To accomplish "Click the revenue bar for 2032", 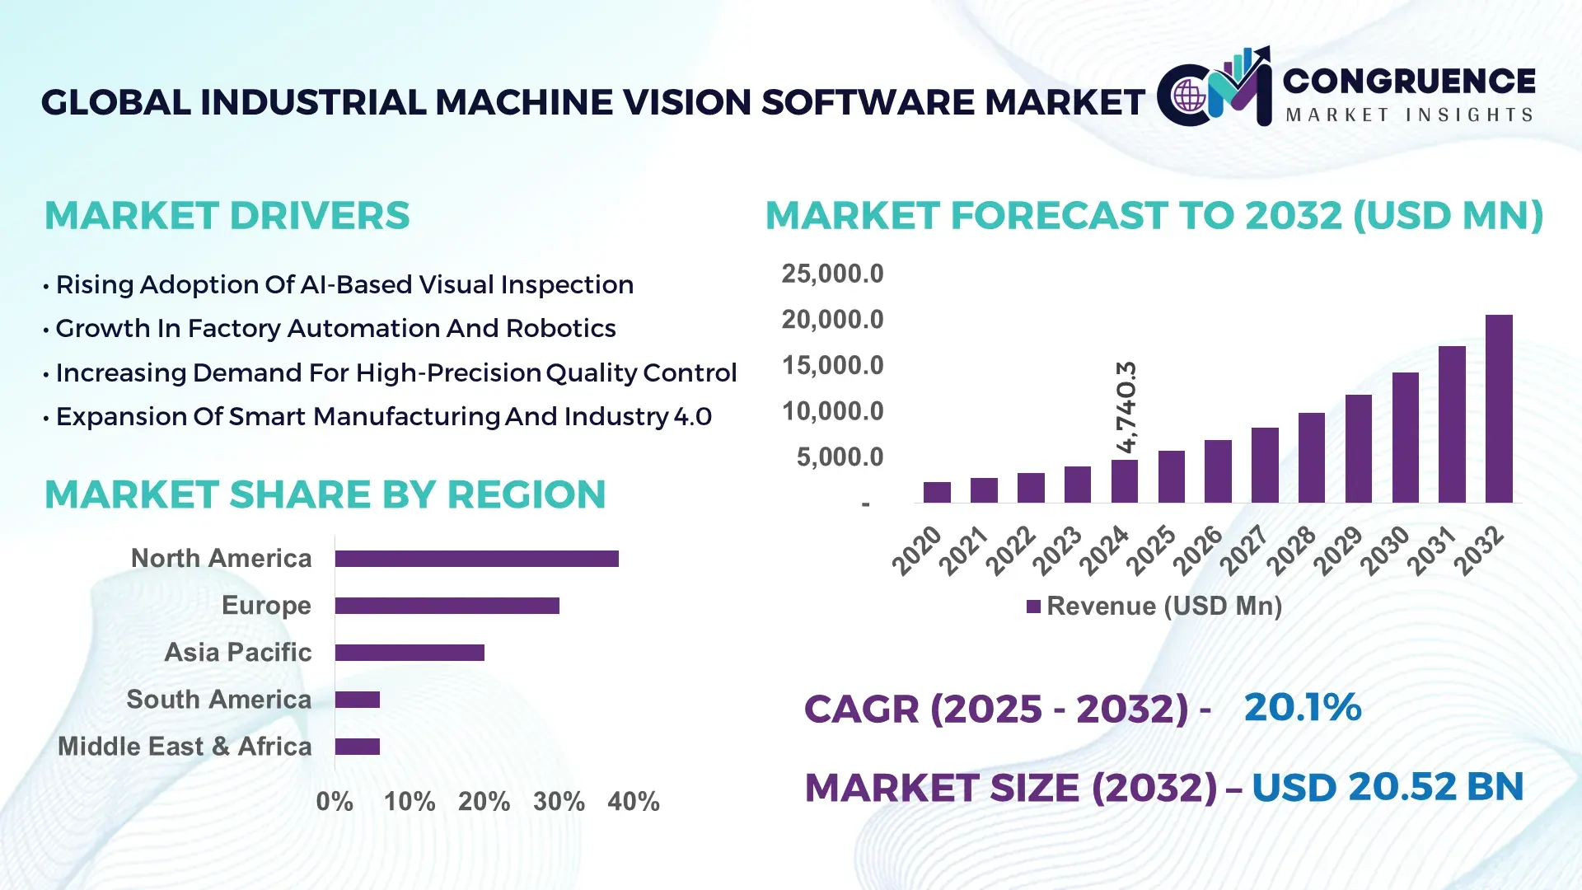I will point(1499,409).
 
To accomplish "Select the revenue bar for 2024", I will point(1124,481).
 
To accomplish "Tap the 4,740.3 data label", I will point(1126,406).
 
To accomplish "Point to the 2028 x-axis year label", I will point(1291,550).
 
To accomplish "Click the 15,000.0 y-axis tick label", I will point(832,365).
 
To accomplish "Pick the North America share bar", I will point(476,559).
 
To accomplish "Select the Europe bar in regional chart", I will point(447,606).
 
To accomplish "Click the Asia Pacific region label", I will point(237,652).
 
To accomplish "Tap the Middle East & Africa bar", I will point(357,747).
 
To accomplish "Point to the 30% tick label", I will point(559,801).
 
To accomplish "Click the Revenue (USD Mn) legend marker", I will point(1033,607).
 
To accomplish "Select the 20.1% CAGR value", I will point(1302,707).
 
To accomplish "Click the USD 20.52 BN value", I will point(1387,786).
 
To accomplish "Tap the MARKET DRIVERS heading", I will point(227,216).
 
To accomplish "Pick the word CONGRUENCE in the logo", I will point(1408,81).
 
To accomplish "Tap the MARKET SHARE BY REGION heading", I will point(325,494).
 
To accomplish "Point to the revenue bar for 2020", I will point(937,492).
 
